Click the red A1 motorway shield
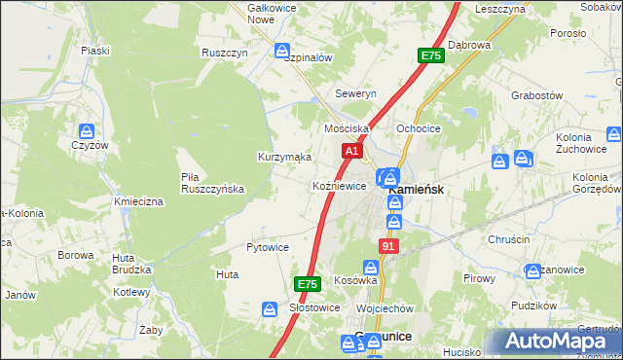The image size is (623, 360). pyautogui.click(x=352, y=152)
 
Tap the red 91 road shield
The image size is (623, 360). pyautogui.click(x=388, y=247)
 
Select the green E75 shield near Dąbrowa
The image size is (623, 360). pyautogui.click(x=431, y=57)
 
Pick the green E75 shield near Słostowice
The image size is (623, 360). pyautogui.click(x=308, y=284)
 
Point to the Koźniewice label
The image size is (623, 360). pyautogui.click(x=339, y=186)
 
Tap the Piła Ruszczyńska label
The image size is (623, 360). pyautogui.click(x=212, y=183)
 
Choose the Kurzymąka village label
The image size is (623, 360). pyautogui.click(x=284, y=157)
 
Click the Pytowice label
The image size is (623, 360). pyautogui.click(x=267, y=247)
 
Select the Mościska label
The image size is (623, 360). pyautogui.click(x=347, y=128)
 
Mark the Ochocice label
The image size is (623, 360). pyautogui.click(x=420, y=128)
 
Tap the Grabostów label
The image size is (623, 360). pyautogui.click(x=537, y=96)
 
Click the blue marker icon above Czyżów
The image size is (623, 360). pyautogui.click(x=88, y=130)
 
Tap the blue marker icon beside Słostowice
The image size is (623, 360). pyautogui.click(x=270, y=308)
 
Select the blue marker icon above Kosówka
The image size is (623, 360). pyautogui.click(x=372, y=267)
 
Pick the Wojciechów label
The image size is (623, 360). pyautogui.click(x=385, y=308)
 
